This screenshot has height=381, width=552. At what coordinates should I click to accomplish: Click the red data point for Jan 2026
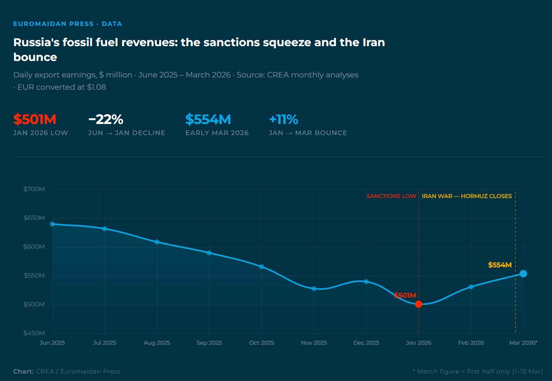tap(418, 304)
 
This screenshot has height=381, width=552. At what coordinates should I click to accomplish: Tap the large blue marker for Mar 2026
tap(523, 273)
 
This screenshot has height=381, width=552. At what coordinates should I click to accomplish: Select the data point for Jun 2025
tap(52, 224)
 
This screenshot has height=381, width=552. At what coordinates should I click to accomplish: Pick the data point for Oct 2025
tap(261, 267)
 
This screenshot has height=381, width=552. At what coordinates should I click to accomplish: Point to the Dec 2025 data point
tap(366, 282)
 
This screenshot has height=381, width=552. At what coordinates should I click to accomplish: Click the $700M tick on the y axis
tap(34, 189)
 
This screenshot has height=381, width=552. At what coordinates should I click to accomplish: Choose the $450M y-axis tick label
tap(34, 333)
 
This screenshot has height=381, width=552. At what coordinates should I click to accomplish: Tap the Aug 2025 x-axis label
tap(157, 343)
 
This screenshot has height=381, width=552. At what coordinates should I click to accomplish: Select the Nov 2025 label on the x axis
tap(314, 343)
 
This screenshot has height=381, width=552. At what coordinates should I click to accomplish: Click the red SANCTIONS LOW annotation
tap(391, 196)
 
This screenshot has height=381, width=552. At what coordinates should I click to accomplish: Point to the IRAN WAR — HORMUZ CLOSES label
tap(467, 196)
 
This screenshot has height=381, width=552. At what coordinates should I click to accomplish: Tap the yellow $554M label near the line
tap(500, 265)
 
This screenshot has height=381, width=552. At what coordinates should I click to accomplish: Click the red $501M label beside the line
tap(405, 295)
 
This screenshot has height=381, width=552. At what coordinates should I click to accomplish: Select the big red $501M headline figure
tap(35, 119)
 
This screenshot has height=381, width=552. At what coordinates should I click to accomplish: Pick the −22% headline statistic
tap(106, 119)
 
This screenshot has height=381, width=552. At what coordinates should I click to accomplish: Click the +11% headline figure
tap(283, 119)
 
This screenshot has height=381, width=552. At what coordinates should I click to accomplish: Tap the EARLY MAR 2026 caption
tap(217, 133)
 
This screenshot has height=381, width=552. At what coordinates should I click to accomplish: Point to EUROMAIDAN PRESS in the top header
tap(54, 24)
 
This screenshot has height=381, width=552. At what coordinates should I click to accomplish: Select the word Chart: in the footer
tap(23, 371)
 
